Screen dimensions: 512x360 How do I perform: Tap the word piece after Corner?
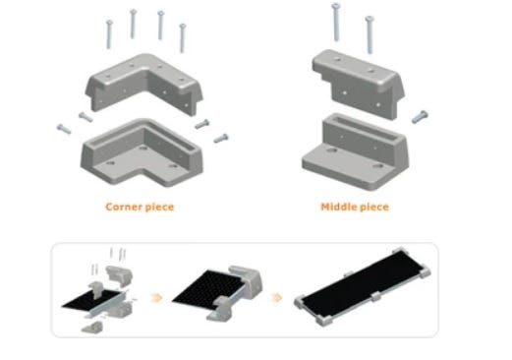click(x=159, y=208)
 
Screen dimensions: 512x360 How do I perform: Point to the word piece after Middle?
click(x=374, y=208)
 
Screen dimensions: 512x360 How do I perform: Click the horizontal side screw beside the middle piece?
click(x=420, y=117)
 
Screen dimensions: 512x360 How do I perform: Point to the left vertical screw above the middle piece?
click(x=336, y=22)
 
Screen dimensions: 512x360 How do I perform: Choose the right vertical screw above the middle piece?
click(x=370, y=34)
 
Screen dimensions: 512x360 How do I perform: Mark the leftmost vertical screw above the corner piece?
click(x=109, y=34)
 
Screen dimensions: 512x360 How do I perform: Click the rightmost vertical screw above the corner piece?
click(x=183, y=37)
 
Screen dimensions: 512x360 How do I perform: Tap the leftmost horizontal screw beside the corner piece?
click(x=64, y=129)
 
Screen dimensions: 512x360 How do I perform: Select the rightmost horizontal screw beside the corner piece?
click(x=221, y=139)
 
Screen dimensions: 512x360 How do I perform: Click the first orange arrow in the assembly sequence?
click(x=157, y=298)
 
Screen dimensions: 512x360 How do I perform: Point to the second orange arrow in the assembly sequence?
click(x=277, y=298)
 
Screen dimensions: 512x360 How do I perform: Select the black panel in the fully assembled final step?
click(x=362, y=284)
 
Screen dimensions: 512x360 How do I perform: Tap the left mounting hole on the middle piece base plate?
click(x=332, y=150)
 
